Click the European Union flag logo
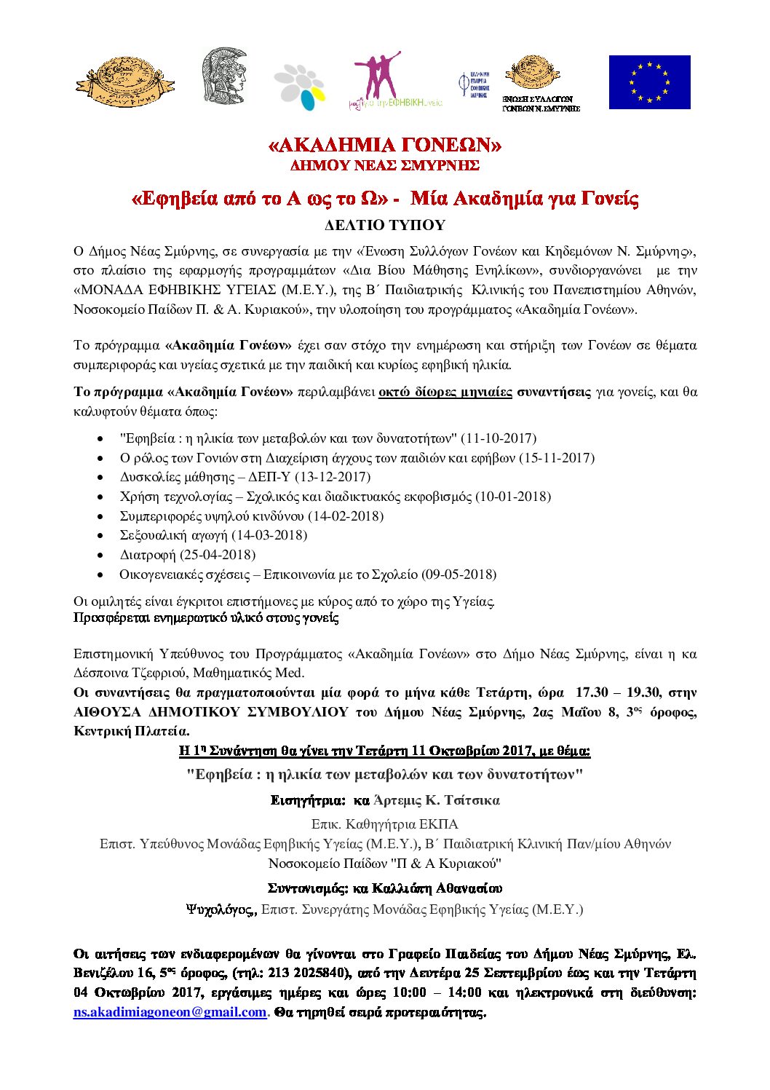tap(649, 82)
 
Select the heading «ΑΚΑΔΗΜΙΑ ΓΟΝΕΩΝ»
tap(384, 145)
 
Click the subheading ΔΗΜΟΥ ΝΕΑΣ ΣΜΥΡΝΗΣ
tap(384, 165)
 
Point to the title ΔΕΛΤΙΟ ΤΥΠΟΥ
tap(384, 225)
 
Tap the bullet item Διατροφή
tap(148, 555)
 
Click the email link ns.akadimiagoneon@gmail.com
tap(170, 1012)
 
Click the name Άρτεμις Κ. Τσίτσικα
tap(436, 800)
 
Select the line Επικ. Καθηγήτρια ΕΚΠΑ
tap(384, 824)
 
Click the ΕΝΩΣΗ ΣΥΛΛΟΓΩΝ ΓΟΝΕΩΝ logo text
tap(540, 103)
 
